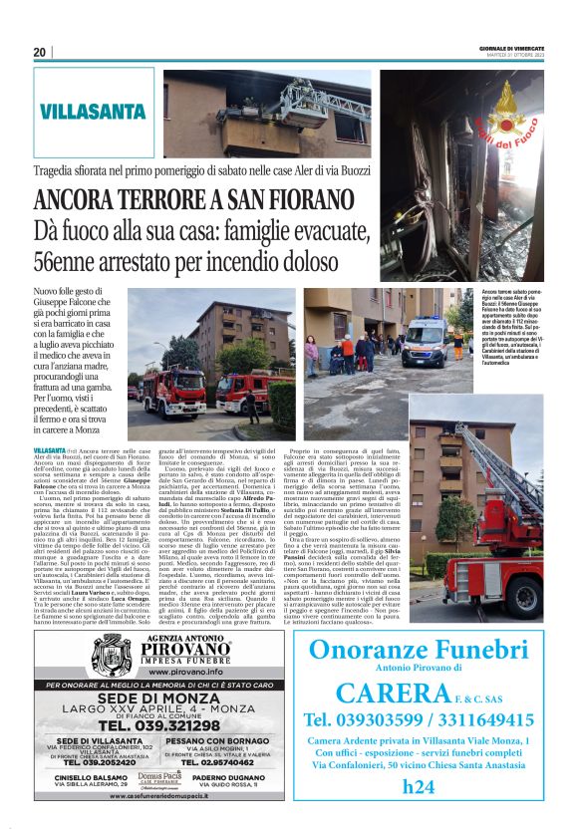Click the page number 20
[40, 52]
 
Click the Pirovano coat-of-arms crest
[113, 653]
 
